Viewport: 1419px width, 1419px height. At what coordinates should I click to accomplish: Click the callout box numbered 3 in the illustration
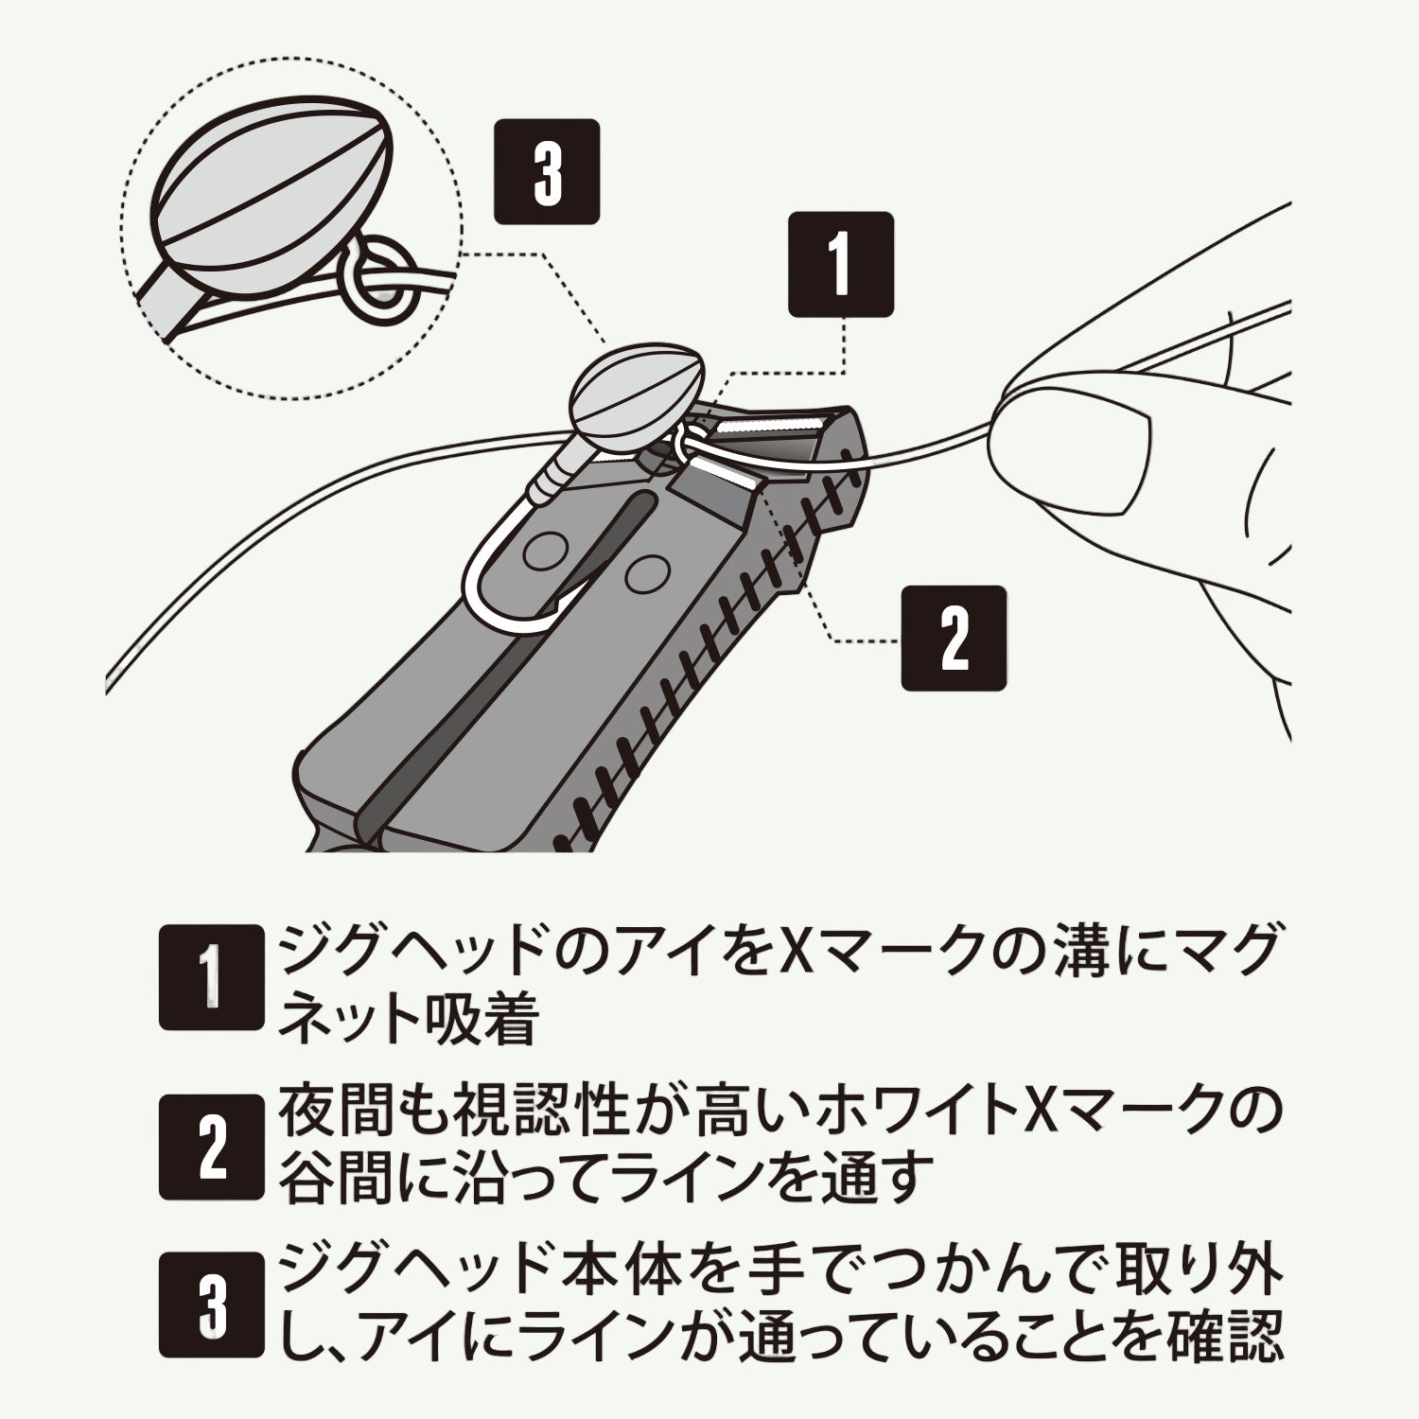click(x=547, y=171)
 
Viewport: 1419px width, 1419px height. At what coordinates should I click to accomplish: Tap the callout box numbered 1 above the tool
click(x=840, y=264)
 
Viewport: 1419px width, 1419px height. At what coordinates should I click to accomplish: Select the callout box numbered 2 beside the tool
click(x=953, y=638)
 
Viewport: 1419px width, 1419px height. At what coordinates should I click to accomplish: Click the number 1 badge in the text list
click(x=210, y=976)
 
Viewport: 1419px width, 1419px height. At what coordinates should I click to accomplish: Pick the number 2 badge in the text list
click(x=210, y=1147)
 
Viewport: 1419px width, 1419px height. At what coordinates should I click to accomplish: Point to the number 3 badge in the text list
click(x=210, y=1305)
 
